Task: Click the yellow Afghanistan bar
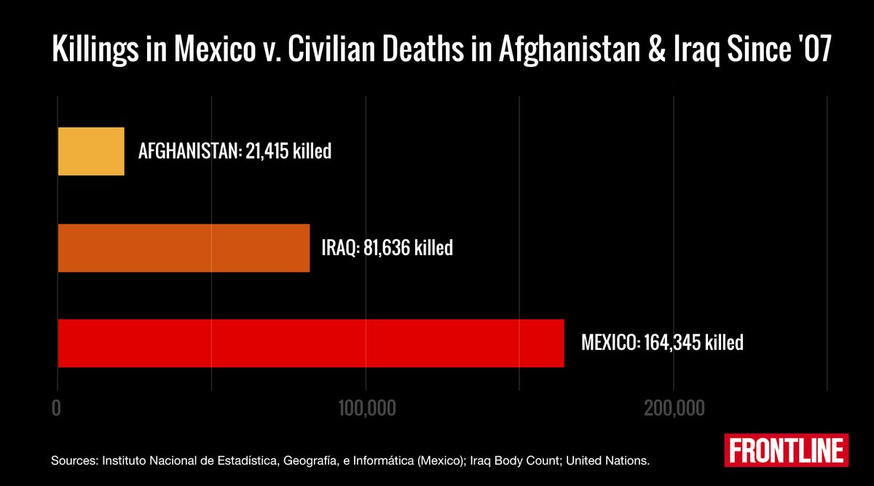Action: pyautogui.click(x=91, y=152)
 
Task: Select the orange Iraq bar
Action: pyautogui.click(x=184, y=248)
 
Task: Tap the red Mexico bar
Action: pyautogui.click(x=310, y=342)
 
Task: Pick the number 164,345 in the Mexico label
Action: pyautogui.click(x=673, y=342)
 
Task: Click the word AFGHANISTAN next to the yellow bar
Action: pyautogui.click(x=186, y=152)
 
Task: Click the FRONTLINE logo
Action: pyautogui.click(x=787, y=450)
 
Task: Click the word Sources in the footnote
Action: pyautogui.click(x=74, y=461)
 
